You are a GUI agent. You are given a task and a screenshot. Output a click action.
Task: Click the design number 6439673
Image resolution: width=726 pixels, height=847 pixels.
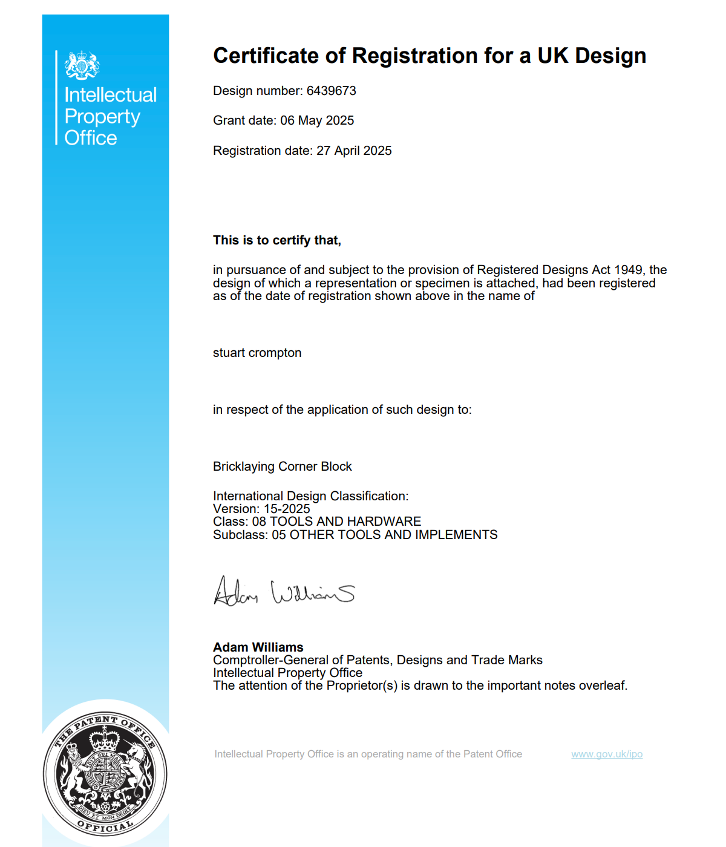click(331, 91)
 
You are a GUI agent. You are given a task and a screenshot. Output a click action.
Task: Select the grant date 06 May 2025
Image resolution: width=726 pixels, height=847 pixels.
click(317, 120)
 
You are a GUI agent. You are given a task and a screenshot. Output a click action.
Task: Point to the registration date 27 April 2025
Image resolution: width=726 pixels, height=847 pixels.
click(354, 151)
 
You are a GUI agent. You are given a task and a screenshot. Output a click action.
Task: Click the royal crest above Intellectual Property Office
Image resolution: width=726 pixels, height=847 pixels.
click(82, 65)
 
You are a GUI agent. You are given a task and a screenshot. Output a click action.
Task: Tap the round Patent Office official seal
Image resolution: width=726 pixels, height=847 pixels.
click(105, 774)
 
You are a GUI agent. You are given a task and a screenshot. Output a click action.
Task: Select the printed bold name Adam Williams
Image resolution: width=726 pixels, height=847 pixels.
click(258, 647)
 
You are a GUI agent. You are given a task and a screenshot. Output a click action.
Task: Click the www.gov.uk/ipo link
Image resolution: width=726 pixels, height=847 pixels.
click(607, 754)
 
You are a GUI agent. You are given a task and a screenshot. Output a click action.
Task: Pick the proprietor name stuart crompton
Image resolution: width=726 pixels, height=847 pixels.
click(257, 353)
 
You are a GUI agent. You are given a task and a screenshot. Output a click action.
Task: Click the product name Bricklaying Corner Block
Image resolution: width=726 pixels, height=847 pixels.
click(283, 466)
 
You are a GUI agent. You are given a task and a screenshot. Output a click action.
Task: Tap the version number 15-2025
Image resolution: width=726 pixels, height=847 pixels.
click(287, 509)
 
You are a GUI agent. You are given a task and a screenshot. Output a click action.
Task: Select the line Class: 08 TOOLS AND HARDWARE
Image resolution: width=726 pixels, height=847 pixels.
click(317, 522)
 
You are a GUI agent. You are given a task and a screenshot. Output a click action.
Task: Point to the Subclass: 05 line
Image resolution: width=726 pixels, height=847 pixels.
click(355, 535)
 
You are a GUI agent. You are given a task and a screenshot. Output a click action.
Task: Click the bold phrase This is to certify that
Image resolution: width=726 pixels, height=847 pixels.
click(277, 240)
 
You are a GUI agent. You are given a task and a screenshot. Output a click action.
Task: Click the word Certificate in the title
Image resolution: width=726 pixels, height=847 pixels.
click(266, 56)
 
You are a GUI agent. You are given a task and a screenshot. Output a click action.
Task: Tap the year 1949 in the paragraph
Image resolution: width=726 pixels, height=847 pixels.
click(629, 270)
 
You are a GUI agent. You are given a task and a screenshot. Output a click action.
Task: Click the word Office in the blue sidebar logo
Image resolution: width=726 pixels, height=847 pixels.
click(91, 138)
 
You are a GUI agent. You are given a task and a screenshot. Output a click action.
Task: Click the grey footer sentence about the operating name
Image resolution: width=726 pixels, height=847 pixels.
click(368, 754)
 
